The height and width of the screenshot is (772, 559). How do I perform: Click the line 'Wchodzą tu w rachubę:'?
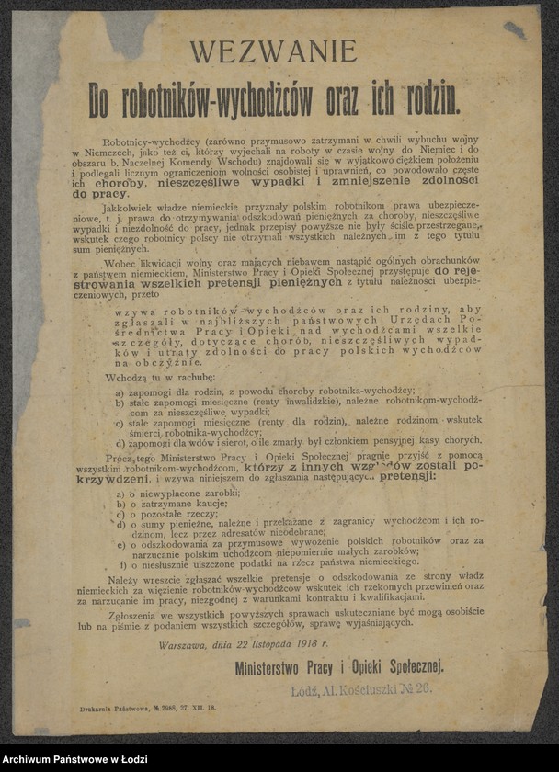click(x=161, y=377)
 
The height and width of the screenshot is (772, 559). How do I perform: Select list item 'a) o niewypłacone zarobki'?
click(x=179, y=493)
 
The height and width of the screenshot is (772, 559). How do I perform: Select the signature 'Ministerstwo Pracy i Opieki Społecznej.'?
click(x=338, y=666)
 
